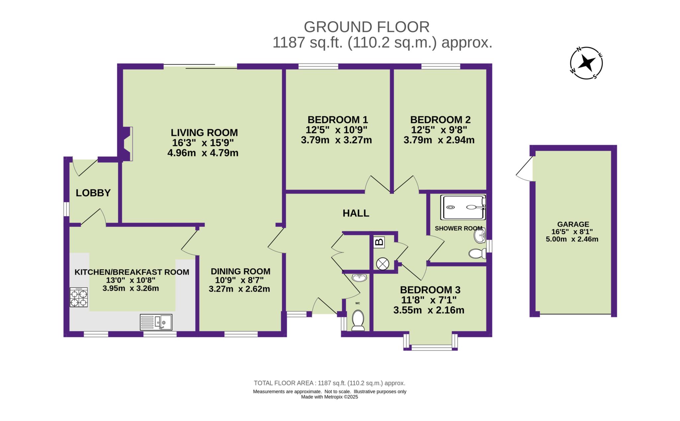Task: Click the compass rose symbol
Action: click(586, 63)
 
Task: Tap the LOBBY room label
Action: click(93, 193)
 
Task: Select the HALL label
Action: click(356, 213)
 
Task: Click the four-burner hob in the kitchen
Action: click(79, 297)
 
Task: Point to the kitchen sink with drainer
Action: click(156, 322)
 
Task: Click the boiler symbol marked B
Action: click(379, 242)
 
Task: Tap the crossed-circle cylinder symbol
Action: click(382, 264)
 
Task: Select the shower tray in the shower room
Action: click(463, 207)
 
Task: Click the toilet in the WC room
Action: click(358, 321)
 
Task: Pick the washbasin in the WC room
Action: click(359, 278)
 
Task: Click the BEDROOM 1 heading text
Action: click(338, 120)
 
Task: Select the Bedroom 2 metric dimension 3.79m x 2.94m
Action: click(439, 140)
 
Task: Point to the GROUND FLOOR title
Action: click(367, 27)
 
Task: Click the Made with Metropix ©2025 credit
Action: click(329, 397)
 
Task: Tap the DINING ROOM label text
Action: click(240, 271)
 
